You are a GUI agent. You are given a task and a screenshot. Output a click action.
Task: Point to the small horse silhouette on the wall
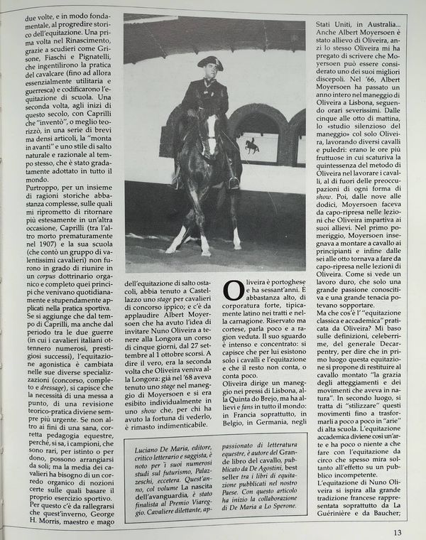click(x=251, y=146)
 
